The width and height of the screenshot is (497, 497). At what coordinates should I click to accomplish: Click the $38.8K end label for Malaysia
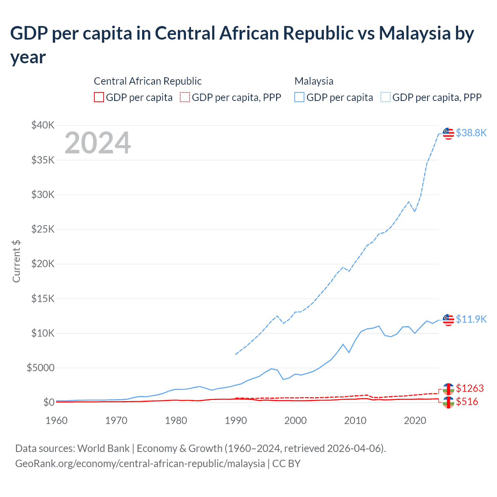pyautogui.click(x=471, y=133)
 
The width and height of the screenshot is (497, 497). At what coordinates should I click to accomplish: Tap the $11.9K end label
pyautogui.click(x=471, y=319)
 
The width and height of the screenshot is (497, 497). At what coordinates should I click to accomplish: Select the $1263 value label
pyautogui.click(x=470, y=388)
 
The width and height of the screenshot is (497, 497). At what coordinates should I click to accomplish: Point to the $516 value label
pyautogui.click(x=467, y=401)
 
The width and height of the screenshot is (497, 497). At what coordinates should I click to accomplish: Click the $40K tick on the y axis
pyautogui.click(x=43, y=125)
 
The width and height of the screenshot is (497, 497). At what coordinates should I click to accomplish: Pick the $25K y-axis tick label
pyautogui.click(x=43, y=229)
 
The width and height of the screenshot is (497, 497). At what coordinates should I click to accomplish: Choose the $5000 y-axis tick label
pyautogui.click(x=41, y=368)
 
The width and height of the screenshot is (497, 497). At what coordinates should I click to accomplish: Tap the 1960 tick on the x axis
pyautogui.click(x=57, y=421)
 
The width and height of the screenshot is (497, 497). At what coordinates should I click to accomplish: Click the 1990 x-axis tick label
pyautogui.click(x=236, y=421)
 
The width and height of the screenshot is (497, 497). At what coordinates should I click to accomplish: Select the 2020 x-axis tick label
pyautogui.click(x=415, y=421)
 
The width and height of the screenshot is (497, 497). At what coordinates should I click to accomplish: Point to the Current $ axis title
pyautogui.click(x=16, y=261)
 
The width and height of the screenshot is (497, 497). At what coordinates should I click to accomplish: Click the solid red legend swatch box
pyautogui.click(x=99, y=97)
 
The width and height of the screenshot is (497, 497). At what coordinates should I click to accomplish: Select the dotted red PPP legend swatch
pyautogui.click(x=185, y=97)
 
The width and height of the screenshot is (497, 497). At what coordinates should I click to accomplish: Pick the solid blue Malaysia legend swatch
pyautogui.click(x=299, y=97)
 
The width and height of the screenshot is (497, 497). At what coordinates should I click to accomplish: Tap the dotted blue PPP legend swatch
pyautogui.click(x=386, y=97)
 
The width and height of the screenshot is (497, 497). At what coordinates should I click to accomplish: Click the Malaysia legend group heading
pyautogui.click(x=314, y=81)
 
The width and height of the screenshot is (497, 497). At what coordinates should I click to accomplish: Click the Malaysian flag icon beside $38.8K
pyautogui.click(x=448, y=133)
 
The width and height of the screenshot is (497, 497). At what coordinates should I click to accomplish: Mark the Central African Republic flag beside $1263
pyautogui.click(x=448, y=389)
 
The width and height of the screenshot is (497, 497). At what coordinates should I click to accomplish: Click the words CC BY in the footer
pyautogui.click(x=286, y=464)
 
